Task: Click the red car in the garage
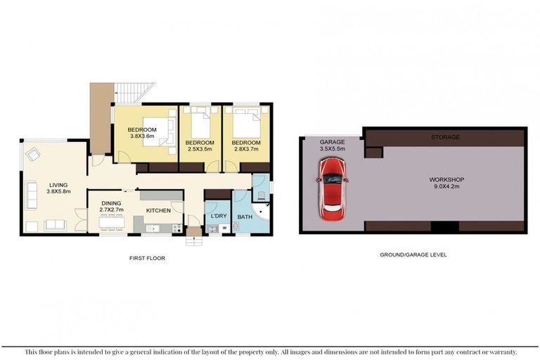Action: point(332,186)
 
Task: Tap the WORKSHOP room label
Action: point(446,180)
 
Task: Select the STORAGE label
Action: point(445,137)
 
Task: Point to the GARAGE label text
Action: point(332,141)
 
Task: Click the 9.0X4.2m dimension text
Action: point(446,188)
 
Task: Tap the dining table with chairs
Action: point(112,223)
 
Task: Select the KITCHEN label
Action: point(159,210)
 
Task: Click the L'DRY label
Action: point(218,217)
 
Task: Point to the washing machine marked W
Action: point(224,227)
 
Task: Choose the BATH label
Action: point(244,217)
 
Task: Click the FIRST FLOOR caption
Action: point(146,258)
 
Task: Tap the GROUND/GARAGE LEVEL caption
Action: point(413,255)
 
